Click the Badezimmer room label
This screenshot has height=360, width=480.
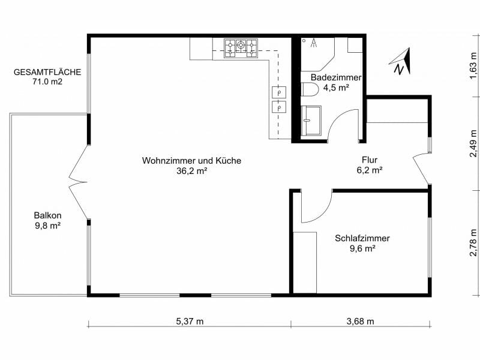pyautogui.click(x=336, y=77)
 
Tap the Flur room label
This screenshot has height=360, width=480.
pyautogui.click(x=370, y=160)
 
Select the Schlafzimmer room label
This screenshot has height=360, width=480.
pyautogui.click(x=362, y=238)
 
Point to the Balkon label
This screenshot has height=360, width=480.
pyautogui.click(x=48, y=215)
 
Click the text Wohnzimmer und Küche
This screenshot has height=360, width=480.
pyautogui.click(x=191, y=161)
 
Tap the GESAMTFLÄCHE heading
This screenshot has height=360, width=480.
pyautogui.click(x=47, y=72)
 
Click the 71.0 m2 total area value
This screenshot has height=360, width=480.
pyautogui.click(x=47, y=82)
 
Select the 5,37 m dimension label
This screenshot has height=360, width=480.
pyautogui.click(x=190, y=321)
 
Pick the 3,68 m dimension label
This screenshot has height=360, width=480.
pyautogui.click(x=361, y=321)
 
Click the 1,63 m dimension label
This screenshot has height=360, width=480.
pyautogui.click(x=473, y=66)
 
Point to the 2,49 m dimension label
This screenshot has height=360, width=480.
pyautogui.click(x=473, y=143)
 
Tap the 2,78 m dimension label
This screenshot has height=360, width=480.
pyautogui.click(x=473, y=242)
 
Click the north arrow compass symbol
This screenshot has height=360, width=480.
pyautogui.click(x=401, y=62)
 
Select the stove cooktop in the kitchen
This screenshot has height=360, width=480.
pyautogui.click(x=241, y=48)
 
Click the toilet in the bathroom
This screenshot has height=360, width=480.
pyautogui.click(x=309, y=89)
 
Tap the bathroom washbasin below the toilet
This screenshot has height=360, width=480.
pyautogui.click(x=311, y=121)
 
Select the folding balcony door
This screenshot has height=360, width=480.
pyautogui.click(x=79, y=182)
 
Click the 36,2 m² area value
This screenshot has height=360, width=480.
pyautogui.click(x=191, y=171)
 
